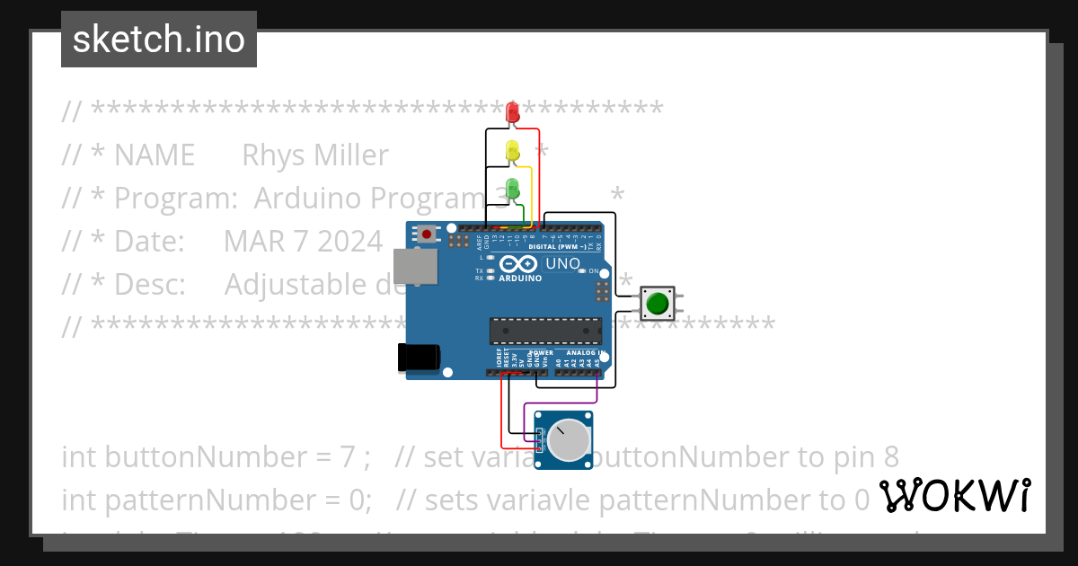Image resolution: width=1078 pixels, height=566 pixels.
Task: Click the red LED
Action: [513, 112]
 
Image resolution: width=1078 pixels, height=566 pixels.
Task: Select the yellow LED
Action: [513, 151]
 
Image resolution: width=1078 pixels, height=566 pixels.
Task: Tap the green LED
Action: [513, 189]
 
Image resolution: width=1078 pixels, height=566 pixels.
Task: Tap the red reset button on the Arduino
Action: [427, 234]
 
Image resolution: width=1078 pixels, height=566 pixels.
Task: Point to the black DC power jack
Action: [419, 358]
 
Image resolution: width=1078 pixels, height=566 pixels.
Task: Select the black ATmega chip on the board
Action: [546, 331]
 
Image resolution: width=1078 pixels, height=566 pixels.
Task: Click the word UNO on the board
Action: [563, 263]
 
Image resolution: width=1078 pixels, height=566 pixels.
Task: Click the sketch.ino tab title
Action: [159, 40]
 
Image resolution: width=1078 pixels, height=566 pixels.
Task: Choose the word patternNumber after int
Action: [211, 498]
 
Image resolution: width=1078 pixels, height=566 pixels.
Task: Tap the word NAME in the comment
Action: [155, 155]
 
